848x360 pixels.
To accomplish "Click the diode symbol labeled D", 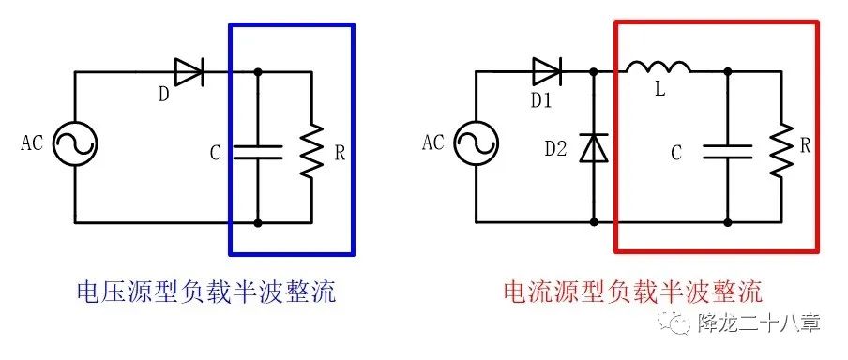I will (189, 71).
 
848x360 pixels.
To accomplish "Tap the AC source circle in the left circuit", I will (74, 145).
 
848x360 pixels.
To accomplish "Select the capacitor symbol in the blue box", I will (258, 152).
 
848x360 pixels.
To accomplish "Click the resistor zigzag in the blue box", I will (310, 150).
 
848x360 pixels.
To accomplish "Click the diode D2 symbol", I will (593, 148).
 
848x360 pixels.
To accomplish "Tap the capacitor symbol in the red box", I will (728, 151).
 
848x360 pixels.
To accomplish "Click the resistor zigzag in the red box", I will (780, 149).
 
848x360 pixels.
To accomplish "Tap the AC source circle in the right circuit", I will (476, 144).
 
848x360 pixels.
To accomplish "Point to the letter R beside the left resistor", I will (339, 151).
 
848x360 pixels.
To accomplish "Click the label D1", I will (540, 99).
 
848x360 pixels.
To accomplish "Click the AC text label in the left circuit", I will (33, 144).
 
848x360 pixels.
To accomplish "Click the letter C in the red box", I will (676, 150).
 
